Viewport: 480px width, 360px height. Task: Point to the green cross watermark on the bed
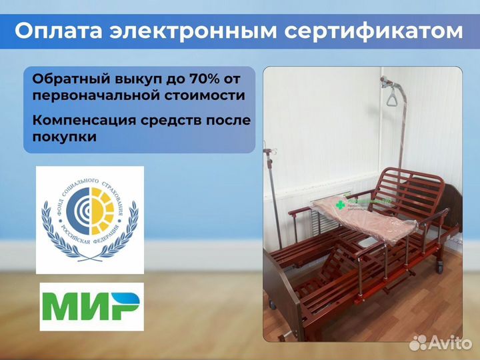[341, 205]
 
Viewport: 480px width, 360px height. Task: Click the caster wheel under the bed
[439, 266]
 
